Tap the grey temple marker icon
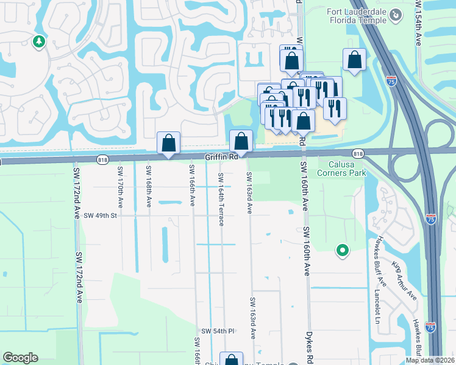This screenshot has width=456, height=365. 396,14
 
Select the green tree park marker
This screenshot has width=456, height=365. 39,41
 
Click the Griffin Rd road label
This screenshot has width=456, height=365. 221,157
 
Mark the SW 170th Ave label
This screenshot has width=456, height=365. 119,190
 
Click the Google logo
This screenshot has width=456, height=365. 20,358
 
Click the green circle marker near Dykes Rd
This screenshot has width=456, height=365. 343,249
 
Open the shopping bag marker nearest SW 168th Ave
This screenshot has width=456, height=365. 169,144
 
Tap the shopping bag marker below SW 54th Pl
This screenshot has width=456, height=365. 231,360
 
